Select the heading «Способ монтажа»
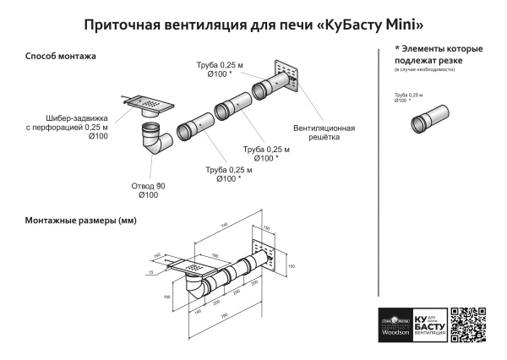(x=60, y=57)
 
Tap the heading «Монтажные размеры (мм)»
(x=80, y=221)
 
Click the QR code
(x=469, y=325)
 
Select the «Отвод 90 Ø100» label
(x=148, y=191)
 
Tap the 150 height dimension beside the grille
(x=292, y=266)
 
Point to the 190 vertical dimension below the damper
(x=167, y=297)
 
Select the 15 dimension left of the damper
(x=149, y=272)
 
